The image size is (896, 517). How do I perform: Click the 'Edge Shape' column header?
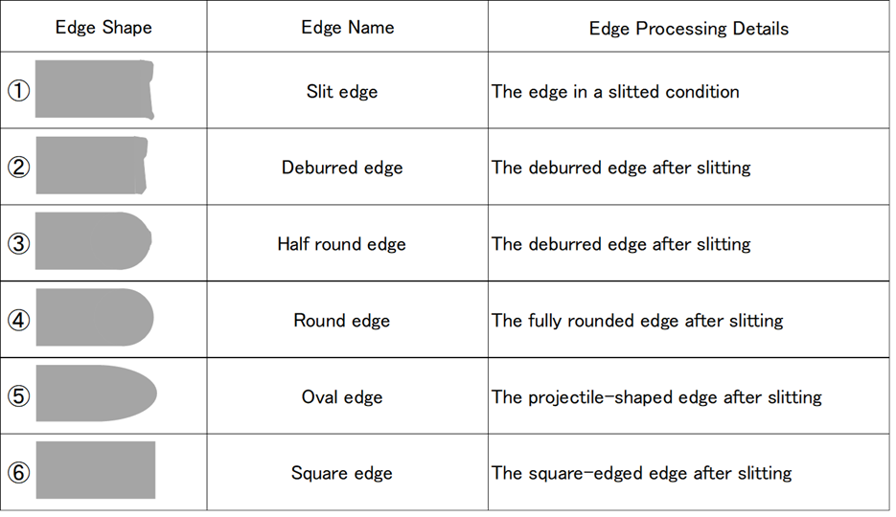click(103, 28)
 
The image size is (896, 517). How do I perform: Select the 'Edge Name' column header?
click(348, 28)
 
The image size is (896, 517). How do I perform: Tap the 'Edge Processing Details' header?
click(689, 29)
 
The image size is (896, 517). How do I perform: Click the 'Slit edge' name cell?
click(342, 91)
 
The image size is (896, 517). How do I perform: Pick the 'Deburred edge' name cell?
click(342, 168)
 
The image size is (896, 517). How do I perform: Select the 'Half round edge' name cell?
click(342, 244)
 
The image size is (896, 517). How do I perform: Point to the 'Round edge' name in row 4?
click(342, 320)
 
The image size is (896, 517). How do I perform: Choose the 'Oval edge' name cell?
click(342, 396)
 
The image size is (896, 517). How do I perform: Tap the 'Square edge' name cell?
click(342, 473)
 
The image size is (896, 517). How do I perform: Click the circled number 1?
click(19, 91)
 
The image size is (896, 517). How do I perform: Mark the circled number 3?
click(19, 244)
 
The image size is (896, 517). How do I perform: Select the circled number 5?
click(19, 396)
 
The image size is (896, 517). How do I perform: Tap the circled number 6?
click(19, 473)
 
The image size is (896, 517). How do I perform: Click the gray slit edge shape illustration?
click(94, 90)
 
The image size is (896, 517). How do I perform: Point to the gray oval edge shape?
click(96, 393)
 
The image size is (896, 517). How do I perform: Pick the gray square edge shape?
click(96, 470)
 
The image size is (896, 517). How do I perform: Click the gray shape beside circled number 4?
click(94, 317)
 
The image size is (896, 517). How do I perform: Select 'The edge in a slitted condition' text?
click(615, 91)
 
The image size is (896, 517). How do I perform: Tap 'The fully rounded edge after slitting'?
click(637, 320)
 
